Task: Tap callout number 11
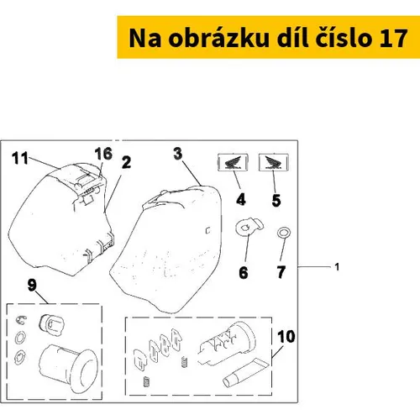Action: point(20,158)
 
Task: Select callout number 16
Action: point(103,154)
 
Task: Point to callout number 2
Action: point(126,162)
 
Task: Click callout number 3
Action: point(178,154)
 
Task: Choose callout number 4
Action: point(241,200)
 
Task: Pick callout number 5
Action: point(276,201)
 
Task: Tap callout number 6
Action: point(244,272)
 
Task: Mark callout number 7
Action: point(281,272)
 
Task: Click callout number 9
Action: point(32,285)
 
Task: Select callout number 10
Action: point(286,337)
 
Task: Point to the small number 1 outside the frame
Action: point(337,267)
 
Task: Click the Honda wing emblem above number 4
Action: point(233,162)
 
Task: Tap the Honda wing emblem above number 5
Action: point(274,162)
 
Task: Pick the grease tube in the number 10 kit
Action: point(245,373)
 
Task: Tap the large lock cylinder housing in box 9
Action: point(69,368)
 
